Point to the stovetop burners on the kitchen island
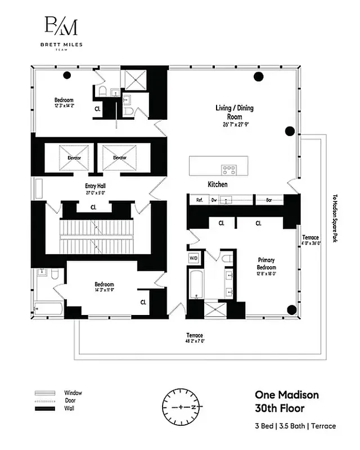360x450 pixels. coord(228,168)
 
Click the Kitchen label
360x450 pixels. coord(218,184)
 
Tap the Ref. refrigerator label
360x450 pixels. coord(199,200)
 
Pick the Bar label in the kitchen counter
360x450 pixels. coord(269,200)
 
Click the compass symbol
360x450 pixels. coord(181,406)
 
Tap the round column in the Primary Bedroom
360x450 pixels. coord(291,309)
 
